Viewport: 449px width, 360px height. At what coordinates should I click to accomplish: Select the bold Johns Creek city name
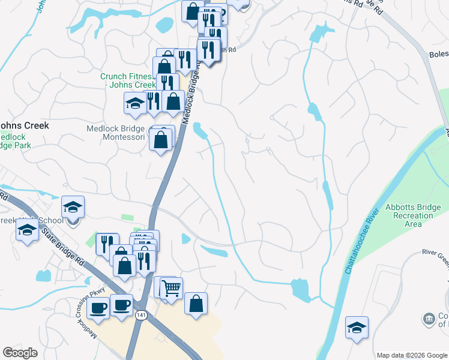pos(24,125)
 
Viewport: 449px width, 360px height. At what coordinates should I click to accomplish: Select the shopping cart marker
pos(172,289)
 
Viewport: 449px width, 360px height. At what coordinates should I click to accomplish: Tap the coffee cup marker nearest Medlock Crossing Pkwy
pos(98,308)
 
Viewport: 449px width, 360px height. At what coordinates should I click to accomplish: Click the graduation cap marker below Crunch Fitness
pos(135,103)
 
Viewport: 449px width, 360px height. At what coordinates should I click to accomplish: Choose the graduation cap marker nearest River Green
pos(357,328)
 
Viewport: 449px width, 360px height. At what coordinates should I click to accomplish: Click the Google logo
pos(20,353)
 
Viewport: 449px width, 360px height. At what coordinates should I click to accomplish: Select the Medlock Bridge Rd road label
pos(191,97)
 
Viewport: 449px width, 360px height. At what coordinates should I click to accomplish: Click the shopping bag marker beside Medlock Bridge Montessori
pos(161,140)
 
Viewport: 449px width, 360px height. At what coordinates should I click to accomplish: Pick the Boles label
pos(438,54)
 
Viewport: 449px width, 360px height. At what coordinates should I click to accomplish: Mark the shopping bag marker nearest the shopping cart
pos(196,304)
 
